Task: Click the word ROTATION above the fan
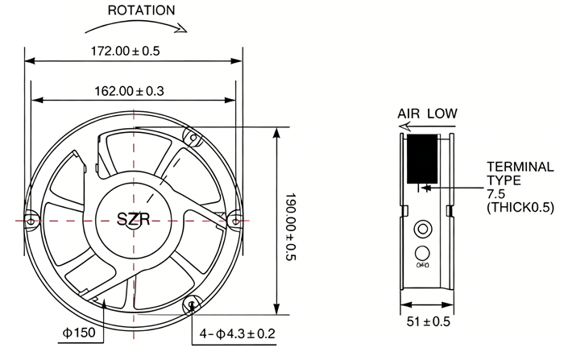click(x=141, y=10)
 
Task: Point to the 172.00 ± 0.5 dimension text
click(x=125, y=51)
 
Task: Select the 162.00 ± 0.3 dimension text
click(x=129, y=91)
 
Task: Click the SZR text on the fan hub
click(x=133, y=218)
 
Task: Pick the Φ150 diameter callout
click(x=79, y=333)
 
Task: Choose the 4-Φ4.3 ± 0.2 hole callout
click(x=238, y=333)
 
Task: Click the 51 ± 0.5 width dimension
click(x=428, y=321)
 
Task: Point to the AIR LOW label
click(x=427, y=114)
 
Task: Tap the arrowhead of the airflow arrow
click(x=404, y=126)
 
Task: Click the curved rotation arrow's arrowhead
click(x=182, y=27)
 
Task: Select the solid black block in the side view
click(x=422, y=159)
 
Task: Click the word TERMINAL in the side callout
click(x=520, y=167)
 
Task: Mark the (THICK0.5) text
click(x=520, y=208)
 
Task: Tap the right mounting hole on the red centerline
click(x=235, y=221)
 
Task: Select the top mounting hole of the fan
click(x=193, y=138)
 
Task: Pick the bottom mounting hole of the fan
click(x=192, y=304)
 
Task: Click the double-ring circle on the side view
click(x=423, y=229)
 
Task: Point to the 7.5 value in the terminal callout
click(x=496, y=194)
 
